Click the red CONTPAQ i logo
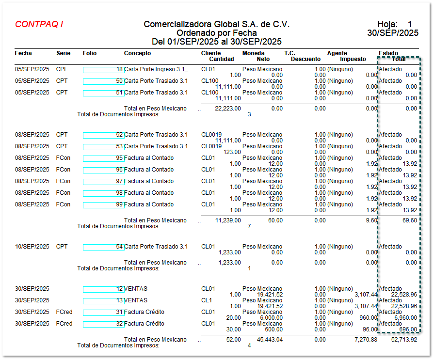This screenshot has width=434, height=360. (x=39, y=24)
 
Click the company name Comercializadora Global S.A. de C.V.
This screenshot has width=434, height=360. (x=216, y=24)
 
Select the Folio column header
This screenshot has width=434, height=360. (x=90, y=53)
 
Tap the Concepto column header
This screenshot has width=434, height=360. (x=137, y=53)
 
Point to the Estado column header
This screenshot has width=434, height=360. (x=388, y=53)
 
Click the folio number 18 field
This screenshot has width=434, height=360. (x=103, y=70)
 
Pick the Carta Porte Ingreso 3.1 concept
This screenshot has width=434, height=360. (x=156, y=69)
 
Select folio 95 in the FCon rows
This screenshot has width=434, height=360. (x=103, y=158)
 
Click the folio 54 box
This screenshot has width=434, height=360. (x=103, y=247)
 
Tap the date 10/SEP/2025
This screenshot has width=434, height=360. (x=32, y=247)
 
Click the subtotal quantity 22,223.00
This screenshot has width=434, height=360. (x=227, y=109)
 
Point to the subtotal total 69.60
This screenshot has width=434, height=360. (x=409, y=220)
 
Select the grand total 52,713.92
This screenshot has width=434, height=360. (x=404, y=340)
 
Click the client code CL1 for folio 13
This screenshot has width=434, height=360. (x=207, y=300)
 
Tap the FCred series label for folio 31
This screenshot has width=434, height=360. (x=64, y=312)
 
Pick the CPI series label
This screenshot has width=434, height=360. (x=61, y=69)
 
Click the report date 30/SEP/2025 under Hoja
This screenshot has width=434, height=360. (x=393, y=33)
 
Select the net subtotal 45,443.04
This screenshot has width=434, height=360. (x=269, y=340)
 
